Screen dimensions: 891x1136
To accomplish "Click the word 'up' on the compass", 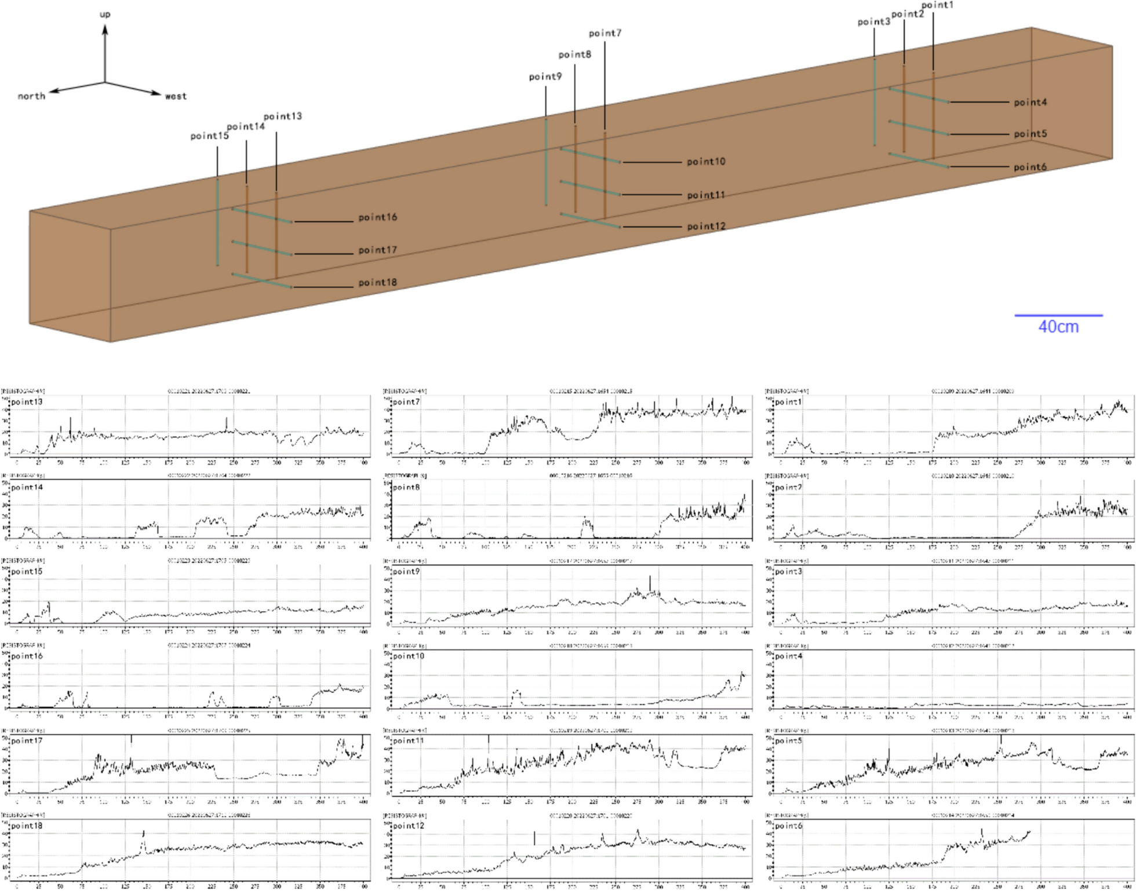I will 105,14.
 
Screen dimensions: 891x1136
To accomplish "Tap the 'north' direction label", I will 31,96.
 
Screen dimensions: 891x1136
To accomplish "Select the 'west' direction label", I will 176,96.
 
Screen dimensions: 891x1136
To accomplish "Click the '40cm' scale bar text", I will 1058,327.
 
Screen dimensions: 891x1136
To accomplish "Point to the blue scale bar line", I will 1058,315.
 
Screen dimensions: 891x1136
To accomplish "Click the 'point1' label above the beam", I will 937,5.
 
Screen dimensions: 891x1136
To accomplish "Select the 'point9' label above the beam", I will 545,76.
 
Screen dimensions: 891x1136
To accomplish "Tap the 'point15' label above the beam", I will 209,136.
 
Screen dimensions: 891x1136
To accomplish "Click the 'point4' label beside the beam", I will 1030,103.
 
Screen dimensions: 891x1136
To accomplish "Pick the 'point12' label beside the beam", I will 706,227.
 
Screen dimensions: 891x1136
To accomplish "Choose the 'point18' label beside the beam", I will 377,283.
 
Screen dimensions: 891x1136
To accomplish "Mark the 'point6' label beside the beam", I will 1030,167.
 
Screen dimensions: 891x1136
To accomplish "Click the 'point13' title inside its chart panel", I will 27,402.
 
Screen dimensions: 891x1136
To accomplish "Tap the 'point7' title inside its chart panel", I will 406,402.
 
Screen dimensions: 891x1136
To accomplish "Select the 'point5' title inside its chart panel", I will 788,741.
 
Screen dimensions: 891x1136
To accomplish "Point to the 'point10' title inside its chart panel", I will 409,656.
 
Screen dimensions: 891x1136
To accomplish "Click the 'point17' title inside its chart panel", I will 27,741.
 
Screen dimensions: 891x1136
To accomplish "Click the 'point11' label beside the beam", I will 706,195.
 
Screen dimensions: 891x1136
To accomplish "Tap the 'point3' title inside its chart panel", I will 788,572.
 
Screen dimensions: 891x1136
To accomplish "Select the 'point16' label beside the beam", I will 377,217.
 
